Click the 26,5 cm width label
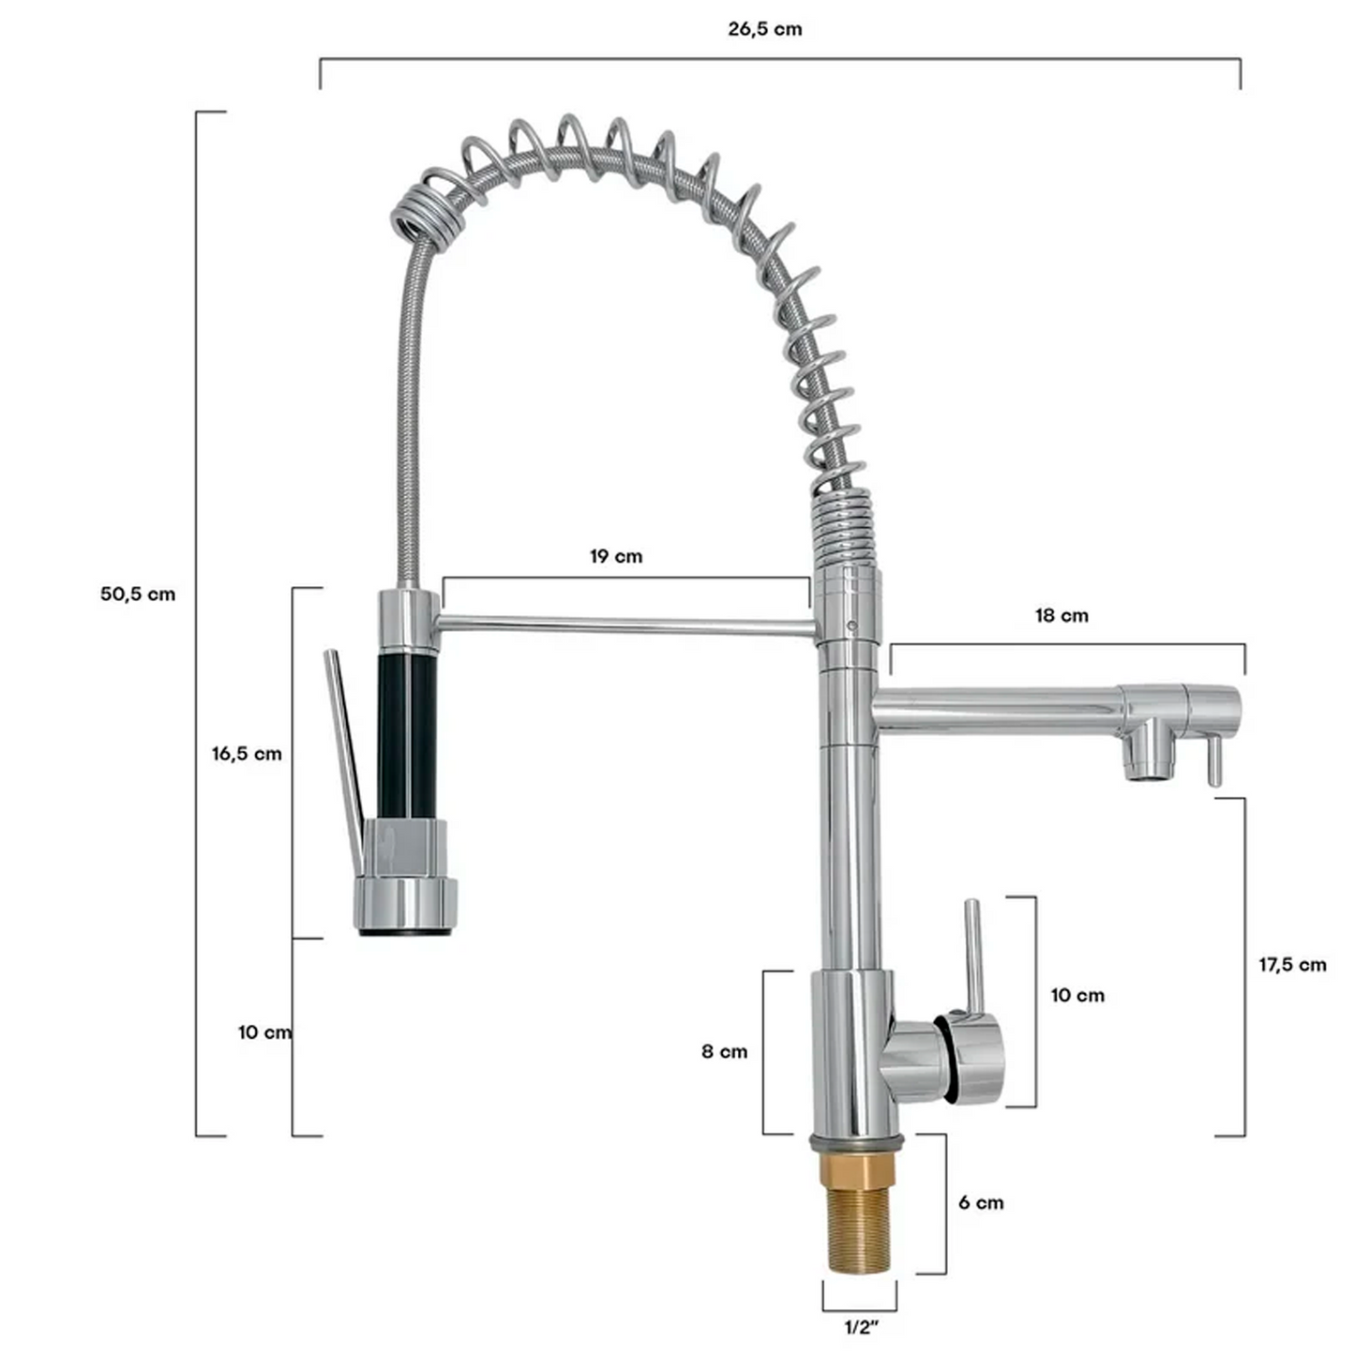tap(764, 29)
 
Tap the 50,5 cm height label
tap(138, 595)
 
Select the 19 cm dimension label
tap(616, 556)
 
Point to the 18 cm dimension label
tap(1061, 615)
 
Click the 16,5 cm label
tap(247, 754)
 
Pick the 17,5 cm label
tap(1292, 965)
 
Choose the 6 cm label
tap(981, 1202)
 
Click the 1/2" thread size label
tap(862, 1328)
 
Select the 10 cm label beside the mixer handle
tap(1077, 995)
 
